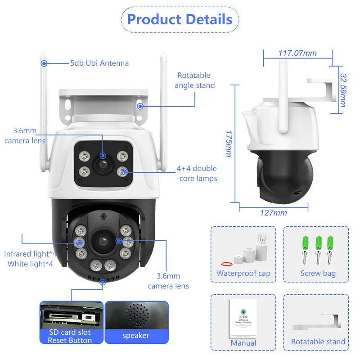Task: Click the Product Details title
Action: pos(180,19)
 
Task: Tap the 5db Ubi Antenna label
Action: pos(99,63)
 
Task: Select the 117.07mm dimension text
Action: pos(297,53)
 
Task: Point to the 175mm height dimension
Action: pos(229,144)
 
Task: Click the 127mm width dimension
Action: pos(274,213)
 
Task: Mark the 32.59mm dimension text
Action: pos(343,90)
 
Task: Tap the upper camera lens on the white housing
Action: pos(103,164)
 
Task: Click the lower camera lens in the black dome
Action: pos(103,241)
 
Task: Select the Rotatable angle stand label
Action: pos(195,80)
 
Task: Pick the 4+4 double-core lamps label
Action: pos(197,173)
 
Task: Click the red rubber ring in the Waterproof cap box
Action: pos(227,264)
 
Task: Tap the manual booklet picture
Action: pos(243,319)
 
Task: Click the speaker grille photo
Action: pos(137,315)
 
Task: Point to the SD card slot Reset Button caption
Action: pos(70,336)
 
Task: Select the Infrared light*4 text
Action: pos(30,254)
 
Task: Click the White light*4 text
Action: pos(30,264)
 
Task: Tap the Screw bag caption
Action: pos(318,274)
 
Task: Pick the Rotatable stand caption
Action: pos(318,342)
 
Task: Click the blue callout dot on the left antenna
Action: pos(44,63)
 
